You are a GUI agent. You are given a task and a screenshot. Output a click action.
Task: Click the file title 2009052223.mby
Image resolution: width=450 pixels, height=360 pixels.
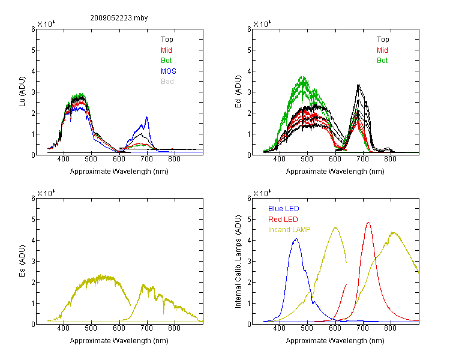pyautogui.click(x=119, y=18)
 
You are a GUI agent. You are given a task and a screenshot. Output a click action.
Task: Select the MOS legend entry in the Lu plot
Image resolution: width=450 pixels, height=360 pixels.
pyautogui.click(x=169, y=71)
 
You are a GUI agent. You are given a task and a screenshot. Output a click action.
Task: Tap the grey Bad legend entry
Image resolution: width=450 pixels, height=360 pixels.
pyautogui.click(x=167, y=81)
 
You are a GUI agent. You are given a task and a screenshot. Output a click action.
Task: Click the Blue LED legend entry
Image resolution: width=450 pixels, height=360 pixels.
pyautogui.click(x=284, y=208)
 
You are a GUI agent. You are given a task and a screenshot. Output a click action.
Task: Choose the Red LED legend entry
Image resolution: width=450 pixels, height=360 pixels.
pyautogui.click(x=283, y=220)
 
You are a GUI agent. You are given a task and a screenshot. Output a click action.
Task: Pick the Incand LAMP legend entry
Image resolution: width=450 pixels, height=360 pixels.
pyautogui.click(x=289, y=230)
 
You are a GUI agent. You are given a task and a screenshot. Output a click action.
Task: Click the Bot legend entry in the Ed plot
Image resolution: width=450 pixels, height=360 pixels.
pyautogui.click(x=382, y=60)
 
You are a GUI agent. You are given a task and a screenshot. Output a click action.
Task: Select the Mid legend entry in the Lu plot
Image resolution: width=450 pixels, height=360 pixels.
pyautogui.click(x=166, y=50)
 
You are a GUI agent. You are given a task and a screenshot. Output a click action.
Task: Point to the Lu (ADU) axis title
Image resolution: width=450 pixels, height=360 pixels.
pyautogui.click(x=22, y=92)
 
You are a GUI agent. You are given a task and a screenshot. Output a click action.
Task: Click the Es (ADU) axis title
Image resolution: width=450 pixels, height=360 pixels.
pyautogui.click(x=22, y=261)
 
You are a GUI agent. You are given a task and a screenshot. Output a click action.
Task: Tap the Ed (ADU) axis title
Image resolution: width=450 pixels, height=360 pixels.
pyautogui.click(x=238, y=92)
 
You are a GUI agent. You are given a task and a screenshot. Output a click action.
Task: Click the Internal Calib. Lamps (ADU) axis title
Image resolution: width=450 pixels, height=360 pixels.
pyautogui.click(x=238, y=262)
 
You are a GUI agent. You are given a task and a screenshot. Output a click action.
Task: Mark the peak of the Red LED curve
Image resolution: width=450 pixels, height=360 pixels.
pyautogui.click(x=368, y=222)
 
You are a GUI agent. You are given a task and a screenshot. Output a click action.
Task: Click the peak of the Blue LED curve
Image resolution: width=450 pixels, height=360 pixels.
pyautogui.click(x=296, y=239)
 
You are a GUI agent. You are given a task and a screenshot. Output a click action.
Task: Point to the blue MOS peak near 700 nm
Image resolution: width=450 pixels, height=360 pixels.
pyautogui.click(x=147, y=117)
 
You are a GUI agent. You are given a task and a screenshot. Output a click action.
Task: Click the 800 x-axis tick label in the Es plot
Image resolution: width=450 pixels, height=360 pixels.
pyautogui.click(x=174, y=328)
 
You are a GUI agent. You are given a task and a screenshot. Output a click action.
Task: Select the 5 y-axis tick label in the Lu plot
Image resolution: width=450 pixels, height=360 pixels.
pyautogui.click(x=33, y=50)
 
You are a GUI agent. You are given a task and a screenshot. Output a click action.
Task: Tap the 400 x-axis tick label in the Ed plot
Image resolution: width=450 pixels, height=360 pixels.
pyautogui.click(x=279, y=159)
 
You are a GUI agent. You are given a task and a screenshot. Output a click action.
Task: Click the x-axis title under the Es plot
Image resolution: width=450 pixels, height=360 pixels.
pyautogui.click(x=119, y=340)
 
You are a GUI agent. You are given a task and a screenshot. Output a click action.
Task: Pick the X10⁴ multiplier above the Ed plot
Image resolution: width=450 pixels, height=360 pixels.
pyautogui.click(x=262, y=24)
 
